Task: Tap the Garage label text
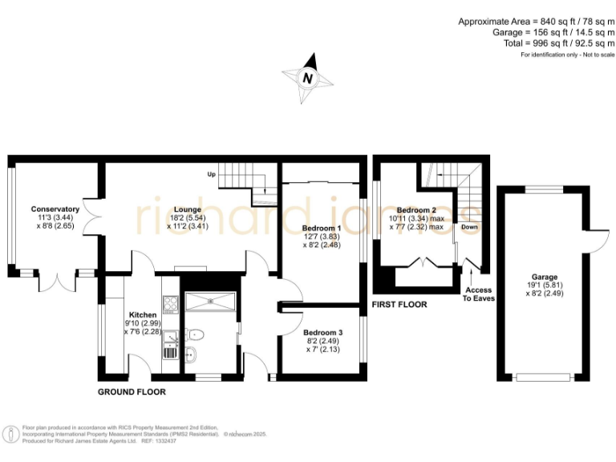pos(543,277)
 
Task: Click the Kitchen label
pos(143,314)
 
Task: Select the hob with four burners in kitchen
pos(170,303)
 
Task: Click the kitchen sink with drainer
pos(170,349)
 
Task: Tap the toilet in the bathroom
pos(196,334)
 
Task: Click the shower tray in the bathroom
pos(210,302)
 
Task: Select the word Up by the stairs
pos(212,174)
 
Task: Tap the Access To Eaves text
pos(479,294)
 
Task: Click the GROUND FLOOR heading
pos(132,392)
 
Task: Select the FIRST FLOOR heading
pos(399,305)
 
